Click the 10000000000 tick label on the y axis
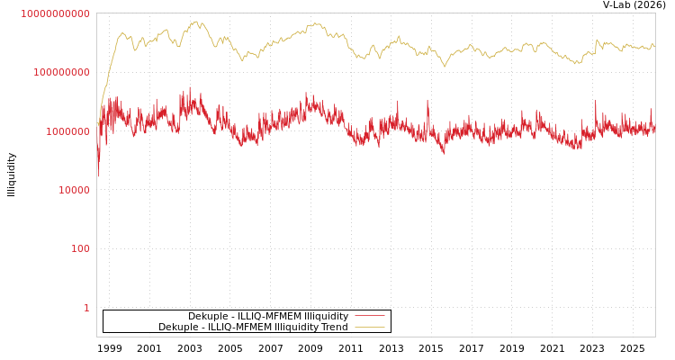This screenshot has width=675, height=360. click(55, 13)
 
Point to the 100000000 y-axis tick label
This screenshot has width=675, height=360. click(61, 72)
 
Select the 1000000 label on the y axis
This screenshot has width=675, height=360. click(67, 131)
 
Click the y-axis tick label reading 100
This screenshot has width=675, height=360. click(80, 248)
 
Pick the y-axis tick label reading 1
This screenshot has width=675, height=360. click(86, 308)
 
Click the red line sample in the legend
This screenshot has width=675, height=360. click(369, 317)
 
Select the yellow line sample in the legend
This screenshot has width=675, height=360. click(369, 328)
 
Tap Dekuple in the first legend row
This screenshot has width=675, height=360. click(208, 317)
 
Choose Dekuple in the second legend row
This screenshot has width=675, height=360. click(178, 328)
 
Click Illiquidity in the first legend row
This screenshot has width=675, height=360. click(326, 317)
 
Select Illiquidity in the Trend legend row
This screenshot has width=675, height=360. click(295, 328)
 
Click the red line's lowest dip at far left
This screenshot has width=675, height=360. click(99, 176)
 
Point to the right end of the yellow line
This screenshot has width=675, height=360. click(654, 46)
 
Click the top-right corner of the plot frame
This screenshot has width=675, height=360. click(655, 13)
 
